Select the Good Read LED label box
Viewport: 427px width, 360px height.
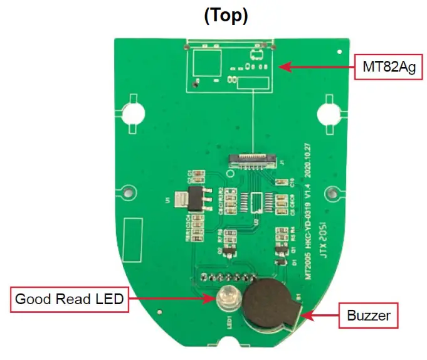(68, 299)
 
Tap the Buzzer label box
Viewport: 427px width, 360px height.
(368, 315)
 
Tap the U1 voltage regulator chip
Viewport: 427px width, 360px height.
(177, 200)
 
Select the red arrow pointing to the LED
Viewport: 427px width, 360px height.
(169, 299)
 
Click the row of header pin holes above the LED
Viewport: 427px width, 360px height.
(229, 276)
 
